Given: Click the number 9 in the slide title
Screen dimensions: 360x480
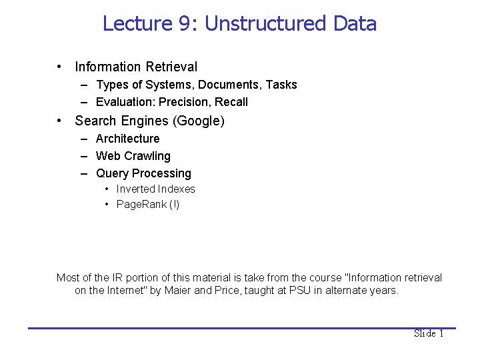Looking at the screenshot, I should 185,24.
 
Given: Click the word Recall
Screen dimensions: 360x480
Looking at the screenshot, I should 231,102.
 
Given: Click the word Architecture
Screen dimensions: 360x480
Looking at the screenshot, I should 128,139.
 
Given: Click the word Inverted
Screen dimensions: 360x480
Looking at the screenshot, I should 136,189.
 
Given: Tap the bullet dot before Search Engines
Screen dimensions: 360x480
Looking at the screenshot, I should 60,121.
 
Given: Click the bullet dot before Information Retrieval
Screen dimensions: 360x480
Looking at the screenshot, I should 60,67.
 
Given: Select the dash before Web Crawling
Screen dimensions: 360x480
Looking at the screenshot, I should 85,156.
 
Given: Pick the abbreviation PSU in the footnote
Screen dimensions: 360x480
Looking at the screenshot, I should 301,291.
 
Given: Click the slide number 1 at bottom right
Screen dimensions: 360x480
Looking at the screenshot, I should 441,333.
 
